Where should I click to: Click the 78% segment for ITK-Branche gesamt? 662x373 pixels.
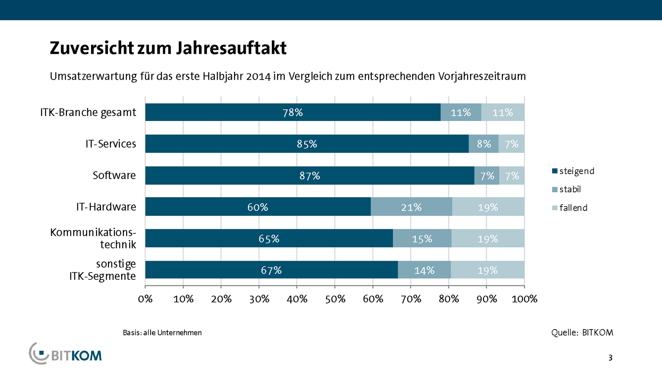293,112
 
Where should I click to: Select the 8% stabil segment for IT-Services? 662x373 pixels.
484,144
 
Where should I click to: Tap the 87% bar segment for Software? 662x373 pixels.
310,176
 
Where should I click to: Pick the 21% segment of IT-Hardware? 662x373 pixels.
411,207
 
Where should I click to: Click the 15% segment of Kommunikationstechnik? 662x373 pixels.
422,238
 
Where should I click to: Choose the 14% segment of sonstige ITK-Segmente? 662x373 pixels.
425,270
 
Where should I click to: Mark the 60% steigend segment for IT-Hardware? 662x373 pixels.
258,207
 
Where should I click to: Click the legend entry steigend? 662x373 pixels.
573,171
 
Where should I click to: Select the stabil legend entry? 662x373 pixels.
566,189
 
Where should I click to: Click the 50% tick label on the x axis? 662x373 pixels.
335,299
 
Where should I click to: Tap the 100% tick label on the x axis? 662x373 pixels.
524,299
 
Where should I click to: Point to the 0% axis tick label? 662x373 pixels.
145,299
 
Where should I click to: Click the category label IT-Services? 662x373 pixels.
110,144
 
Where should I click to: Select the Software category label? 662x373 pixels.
114,175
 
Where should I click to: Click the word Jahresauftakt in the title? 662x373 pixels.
231,48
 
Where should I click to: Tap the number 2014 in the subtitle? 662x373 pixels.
259,76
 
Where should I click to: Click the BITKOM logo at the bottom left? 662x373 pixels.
65,354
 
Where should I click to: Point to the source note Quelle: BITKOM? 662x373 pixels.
582,332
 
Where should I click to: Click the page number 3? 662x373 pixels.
610,358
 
